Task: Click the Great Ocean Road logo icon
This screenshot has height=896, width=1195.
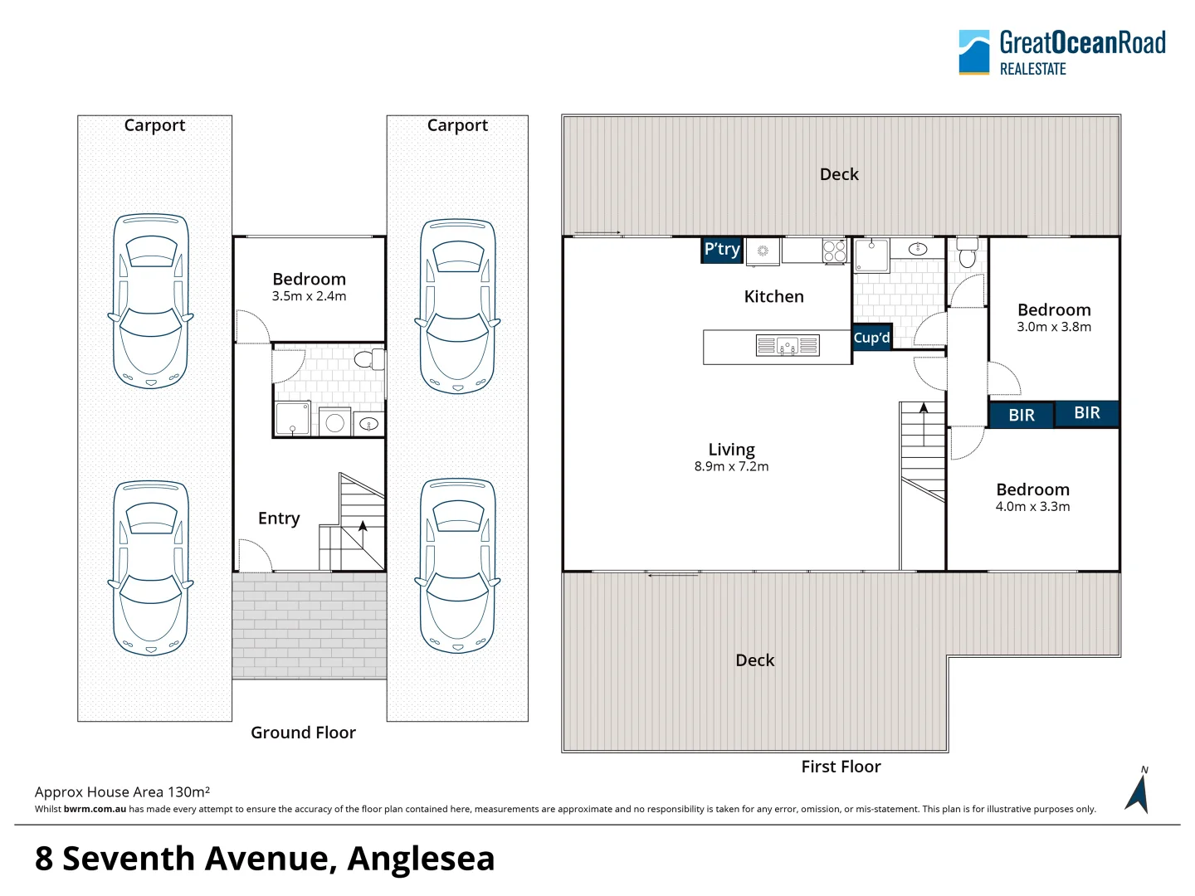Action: pos(974,52)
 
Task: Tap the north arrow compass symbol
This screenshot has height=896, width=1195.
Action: pos(1138,792)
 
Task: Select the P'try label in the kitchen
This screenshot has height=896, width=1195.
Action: pos(722,250)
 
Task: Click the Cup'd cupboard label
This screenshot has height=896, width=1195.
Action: pos(871,338)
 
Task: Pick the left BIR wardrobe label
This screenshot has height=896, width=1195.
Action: pos(1022,415)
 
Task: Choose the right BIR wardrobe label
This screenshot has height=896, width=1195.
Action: pos(1087,413)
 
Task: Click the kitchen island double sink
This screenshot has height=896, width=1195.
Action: pos(787,345)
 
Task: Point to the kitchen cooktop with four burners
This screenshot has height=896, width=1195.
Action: pos(834,251)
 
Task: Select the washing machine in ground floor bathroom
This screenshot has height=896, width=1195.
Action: pos(334,422)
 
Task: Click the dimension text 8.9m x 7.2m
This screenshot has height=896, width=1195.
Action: pos(731,467)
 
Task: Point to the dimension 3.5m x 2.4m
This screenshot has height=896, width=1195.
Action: pos(309,296)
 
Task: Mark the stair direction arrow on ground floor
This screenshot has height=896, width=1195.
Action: pos(363,526)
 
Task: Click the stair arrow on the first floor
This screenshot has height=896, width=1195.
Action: pos(924,407)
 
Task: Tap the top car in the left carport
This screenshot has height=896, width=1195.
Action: pos(150,301)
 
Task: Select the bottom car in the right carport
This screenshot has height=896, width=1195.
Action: pos(457,566)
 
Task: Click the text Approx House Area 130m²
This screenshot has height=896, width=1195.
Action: pos(122,792)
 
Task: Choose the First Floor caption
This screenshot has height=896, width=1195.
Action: pos(841,767)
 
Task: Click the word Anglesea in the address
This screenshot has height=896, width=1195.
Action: pos(421,859)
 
